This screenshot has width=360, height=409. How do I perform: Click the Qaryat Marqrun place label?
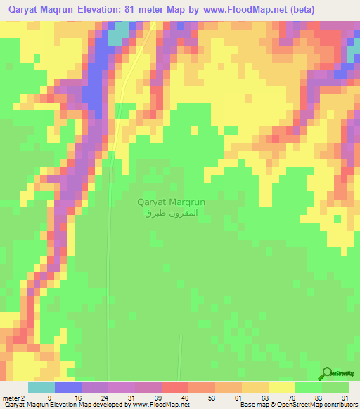click(170, 202)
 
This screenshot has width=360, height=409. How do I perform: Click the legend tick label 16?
click(77, 397)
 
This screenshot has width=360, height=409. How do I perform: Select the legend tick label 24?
click(104, 397)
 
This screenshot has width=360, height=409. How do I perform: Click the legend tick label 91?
click(344, 397)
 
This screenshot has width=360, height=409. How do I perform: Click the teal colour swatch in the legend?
click(41, 387)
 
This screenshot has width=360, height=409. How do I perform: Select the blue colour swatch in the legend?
click(68, 387)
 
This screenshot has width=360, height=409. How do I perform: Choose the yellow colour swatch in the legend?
click(282, 387)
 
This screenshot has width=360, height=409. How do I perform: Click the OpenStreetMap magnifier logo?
click(327, 373)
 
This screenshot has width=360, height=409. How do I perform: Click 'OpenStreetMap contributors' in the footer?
click(320, 405)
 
